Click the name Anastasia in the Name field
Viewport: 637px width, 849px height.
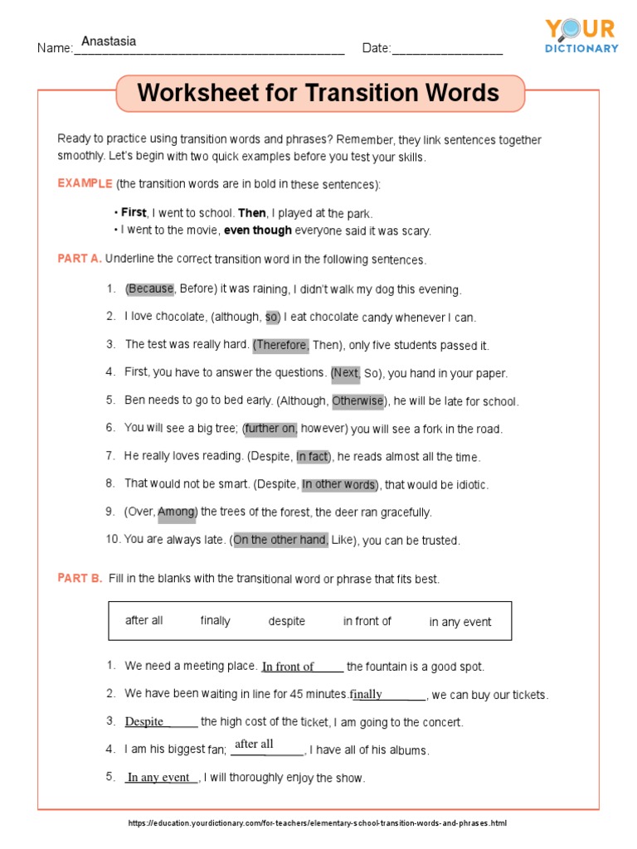[109, 41]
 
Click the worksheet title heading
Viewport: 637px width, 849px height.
[318, 93]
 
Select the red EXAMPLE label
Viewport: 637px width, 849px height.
[85, 183]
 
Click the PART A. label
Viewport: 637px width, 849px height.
[80, 259]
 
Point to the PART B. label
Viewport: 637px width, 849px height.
[80, 579]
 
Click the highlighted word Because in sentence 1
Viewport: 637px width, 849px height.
[150, 289]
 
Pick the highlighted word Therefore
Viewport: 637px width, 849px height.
[282, 345]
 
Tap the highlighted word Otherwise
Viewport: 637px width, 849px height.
[357, 401]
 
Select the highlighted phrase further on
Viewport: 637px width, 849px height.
[271, 429]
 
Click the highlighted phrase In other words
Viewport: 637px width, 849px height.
[338, 484]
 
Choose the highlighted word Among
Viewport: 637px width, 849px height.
[176, 512]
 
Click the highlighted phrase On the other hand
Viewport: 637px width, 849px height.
[280, 541]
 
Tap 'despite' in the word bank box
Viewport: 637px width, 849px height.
[287, 621]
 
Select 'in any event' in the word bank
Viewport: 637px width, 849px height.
[460, 622]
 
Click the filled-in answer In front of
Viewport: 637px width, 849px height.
[288, 667]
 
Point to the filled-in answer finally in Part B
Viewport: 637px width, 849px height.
[367, 694]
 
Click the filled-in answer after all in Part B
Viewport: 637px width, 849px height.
[254, 744]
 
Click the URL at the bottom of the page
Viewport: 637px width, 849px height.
[318, 823]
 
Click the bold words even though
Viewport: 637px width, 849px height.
[258, 230]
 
